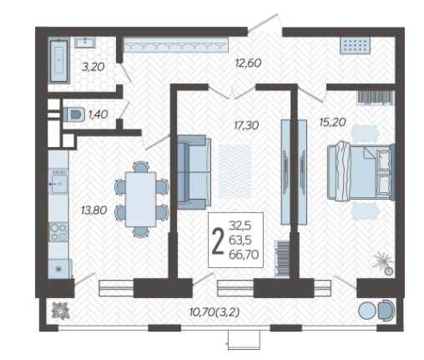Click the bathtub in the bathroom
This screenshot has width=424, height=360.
click(x=59, y=60)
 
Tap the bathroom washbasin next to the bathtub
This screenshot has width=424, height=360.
click(x=85, y=43)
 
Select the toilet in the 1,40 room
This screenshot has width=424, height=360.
click(x=74, y=114)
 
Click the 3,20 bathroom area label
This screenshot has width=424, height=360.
click(x=93, y=67)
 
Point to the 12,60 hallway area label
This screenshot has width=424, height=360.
click(x=248, y=63)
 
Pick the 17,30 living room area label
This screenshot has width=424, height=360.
click(x=246, y=125)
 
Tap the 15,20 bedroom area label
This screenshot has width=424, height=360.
click(x=332, y=122)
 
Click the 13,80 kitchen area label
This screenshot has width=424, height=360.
click(x=94, y=210)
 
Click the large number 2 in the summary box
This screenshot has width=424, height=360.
click(x=218, y=241)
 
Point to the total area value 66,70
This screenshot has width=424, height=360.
click(x=244, y=254)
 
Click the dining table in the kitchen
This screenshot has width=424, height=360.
click(x=141, y=200)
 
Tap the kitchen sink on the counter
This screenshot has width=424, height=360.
click(x=58, y=181)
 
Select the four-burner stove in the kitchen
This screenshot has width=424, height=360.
click(x=58, y=231)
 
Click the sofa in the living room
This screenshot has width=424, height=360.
click(x=194, y=172)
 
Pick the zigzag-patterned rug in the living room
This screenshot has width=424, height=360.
click(x=235, y=171)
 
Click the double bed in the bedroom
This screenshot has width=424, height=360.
click(x=361, y=171)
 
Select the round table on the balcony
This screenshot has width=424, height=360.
click(x=366, y=311)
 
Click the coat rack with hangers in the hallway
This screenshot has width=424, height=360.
click(x=176, y=44)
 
